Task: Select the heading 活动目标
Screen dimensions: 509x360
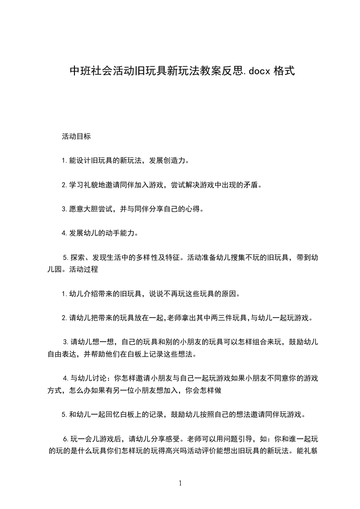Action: click(x=76, y=136)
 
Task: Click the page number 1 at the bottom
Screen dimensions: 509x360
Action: click(x=180, y=483)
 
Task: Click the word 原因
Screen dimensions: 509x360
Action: click(x=230, y=293)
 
